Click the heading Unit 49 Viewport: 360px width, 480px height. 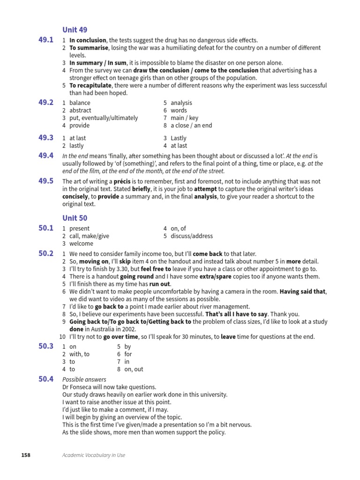[x=75, y=30]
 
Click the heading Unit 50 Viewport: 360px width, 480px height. [x=75, y=218]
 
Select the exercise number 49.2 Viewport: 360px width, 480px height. [x=46, y=103]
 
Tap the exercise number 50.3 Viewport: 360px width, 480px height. [x=46, y=346]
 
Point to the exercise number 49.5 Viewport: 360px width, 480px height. [x=46, y=181]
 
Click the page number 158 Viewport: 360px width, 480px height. [x=26, y=455]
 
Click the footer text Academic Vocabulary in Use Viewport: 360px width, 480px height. [x=94, y=455]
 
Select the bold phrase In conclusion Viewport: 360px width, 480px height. [x=88, y=40]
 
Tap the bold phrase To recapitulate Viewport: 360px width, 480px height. [x=90, y=85]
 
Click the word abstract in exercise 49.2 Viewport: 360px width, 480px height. [x=80, y=110]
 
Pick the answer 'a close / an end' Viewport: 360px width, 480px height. [x=191, y=125]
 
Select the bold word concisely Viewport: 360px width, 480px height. [x=76, y=196]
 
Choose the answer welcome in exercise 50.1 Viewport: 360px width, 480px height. [x=81, y=243]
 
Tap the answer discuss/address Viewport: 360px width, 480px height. [x=192, y=236]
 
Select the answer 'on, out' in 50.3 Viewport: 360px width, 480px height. [x=134, y=369]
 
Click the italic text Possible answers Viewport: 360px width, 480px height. [x=84, y=379]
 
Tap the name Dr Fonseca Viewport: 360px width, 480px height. [x=78, y=387]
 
